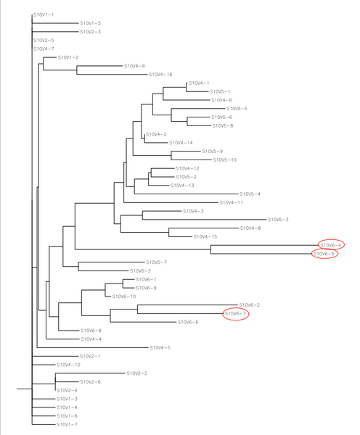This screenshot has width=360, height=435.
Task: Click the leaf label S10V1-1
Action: (x=44, y=15)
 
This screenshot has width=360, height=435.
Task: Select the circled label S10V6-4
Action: (x=330, y=244)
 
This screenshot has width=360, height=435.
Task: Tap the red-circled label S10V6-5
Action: (x=324, y=254)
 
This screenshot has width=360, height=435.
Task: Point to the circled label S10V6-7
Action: (x=236, y=313)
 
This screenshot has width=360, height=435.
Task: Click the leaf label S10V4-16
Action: (x=160, y=75)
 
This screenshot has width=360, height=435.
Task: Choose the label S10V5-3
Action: (x=278, y=220)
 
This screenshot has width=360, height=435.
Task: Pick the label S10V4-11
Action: (x=231, y=202)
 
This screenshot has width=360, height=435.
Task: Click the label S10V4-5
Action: (x=160, y=348)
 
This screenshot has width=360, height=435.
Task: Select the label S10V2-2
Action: (x=136, y=373)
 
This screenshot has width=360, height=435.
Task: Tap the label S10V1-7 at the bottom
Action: (x=67, y=424)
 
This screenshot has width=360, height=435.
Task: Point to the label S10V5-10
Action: (x=224, y=159)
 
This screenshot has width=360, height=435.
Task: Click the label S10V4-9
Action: (x=134, y=66)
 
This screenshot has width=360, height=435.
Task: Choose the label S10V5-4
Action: (x=249, y=194)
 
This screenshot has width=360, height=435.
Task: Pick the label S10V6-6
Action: (x=188, y=322)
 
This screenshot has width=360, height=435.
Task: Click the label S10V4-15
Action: (x=205, y=236)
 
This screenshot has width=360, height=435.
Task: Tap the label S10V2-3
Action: (x=90, y=32)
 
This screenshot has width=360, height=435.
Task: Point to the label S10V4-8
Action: (x=250, y=228)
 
